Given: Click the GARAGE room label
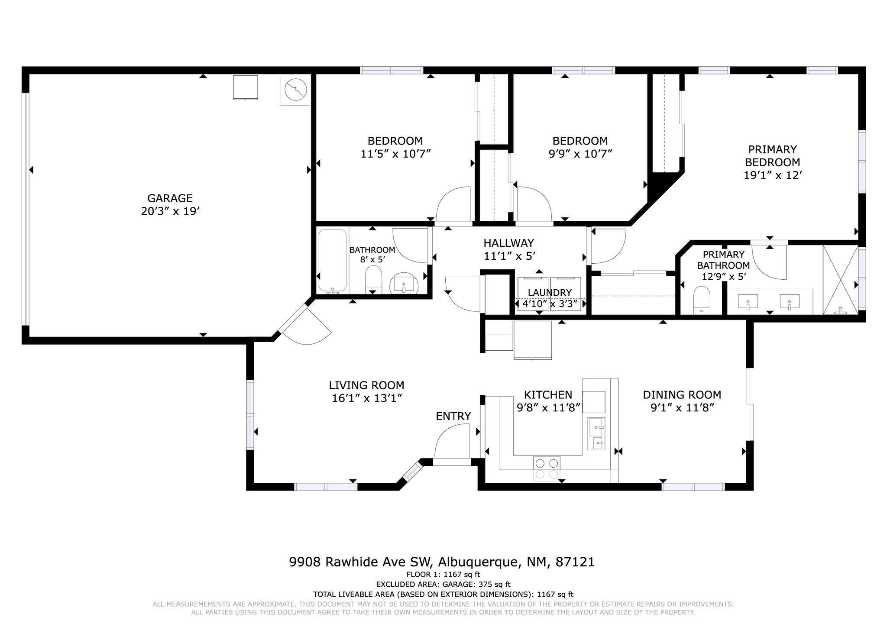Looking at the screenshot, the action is [x=170, y=198].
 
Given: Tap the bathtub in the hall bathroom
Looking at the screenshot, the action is [x=333, y=261].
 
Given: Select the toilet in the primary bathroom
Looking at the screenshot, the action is [x=702, y=300].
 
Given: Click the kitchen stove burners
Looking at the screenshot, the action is [x=547, y=469].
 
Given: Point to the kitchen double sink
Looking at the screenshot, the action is [x=596, y=434].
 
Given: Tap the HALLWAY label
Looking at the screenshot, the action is [x=509, y=243].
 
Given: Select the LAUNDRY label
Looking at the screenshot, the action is [x=550, y=293].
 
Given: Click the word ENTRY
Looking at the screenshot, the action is [x=453, y=416].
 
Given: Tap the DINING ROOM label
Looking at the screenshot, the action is [x=682, y=395].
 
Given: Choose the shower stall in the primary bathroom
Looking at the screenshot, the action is [x=840, y=280].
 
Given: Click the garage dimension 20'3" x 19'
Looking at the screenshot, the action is [x=170, y=211].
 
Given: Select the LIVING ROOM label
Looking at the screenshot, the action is [x=366, y=385].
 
